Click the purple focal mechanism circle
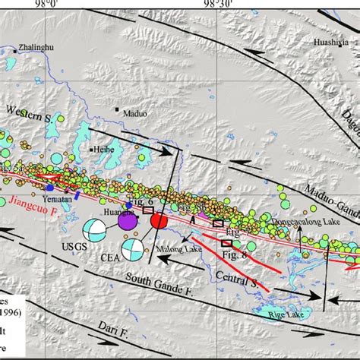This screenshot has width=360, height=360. point(126,221)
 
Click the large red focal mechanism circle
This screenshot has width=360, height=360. point(159,221)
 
